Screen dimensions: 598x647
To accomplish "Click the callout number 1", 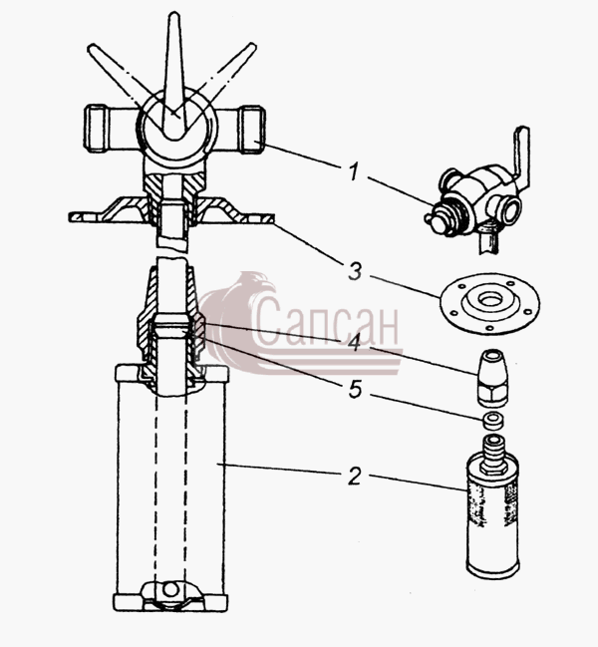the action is (354, 171).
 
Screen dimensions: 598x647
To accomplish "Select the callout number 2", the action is (355, 476).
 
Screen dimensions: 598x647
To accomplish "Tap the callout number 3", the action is (355, 272).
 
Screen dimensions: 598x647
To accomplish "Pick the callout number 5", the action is (355, 390).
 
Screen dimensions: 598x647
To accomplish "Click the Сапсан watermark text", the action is (327, 321).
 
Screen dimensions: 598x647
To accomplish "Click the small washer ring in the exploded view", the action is (492, 420).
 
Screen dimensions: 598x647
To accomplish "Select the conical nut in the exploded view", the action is (491, 376).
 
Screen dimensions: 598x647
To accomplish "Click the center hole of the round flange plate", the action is (490, 299).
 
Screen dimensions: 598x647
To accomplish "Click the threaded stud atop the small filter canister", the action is (492, 453).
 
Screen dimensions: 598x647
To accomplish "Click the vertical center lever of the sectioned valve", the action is (174, 75).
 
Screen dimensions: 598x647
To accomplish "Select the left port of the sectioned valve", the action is (98, 129).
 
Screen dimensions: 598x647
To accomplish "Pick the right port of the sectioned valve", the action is (251, 130).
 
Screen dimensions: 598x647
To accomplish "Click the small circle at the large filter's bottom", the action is (169, 589).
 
